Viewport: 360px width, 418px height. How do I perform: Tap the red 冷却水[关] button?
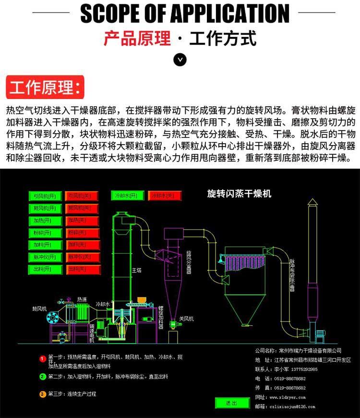click(165, 196)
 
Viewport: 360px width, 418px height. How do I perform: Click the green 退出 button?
click(232, 403)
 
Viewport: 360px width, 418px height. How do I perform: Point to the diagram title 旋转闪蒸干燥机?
click(239, 194)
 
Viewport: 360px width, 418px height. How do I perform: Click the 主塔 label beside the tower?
click(137, 270)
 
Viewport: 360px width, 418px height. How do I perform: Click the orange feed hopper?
click(142, 301)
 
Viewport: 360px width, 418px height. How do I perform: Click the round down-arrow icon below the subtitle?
click(180, 60)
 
